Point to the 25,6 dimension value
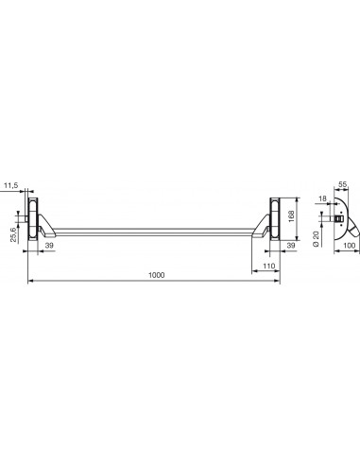pos(11,232)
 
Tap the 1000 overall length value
pos(157,275)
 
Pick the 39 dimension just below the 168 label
pos(291,246)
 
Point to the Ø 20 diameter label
pos(315,232)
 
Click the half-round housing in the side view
pos(341,214)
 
